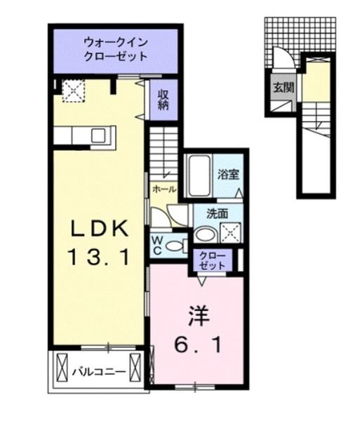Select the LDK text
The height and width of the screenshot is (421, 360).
98,229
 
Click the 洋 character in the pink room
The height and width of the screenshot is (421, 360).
197,315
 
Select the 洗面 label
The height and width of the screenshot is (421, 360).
215,213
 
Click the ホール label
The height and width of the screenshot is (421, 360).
164,188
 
